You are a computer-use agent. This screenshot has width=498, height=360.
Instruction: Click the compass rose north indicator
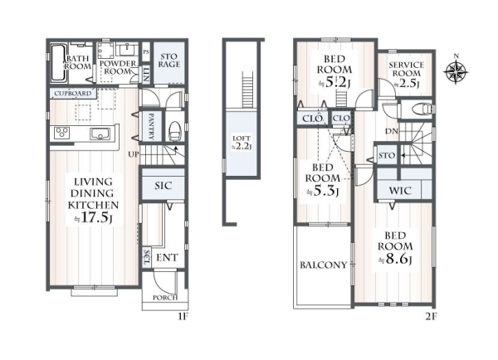coord(456,71)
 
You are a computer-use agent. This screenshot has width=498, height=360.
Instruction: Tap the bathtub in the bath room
coord(58,62)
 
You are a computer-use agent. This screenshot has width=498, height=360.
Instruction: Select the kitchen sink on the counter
coord(100,134)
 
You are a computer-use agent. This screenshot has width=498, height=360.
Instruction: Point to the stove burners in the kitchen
coord(61,133)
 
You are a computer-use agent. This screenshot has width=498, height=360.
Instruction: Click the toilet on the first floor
coord(174,131)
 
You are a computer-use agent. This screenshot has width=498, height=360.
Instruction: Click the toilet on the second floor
coord(422,109)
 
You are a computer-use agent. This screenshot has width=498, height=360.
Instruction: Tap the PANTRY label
coord(151,126)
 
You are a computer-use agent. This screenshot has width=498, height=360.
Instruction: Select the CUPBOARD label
coord(73,94)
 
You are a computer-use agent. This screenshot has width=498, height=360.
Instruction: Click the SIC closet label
coord(164,186)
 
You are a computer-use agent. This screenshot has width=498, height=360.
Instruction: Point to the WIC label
coord(400,191)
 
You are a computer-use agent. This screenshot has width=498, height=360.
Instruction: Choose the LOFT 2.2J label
coord(242,143)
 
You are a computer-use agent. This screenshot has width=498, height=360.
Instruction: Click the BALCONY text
coord(324,265)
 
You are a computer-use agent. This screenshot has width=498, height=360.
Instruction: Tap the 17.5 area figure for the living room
coord(95,218)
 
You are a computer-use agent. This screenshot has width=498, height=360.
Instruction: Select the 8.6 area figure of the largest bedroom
coord(397,259)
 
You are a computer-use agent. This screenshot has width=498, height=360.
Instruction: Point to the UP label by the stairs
coord(134,154)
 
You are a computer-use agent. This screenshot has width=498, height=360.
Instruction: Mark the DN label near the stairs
coord(392,131)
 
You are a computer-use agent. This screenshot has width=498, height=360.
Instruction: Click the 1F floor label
coord(182,317)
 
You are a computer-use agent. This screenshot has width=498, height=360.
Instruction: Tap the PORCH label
coord(165,298)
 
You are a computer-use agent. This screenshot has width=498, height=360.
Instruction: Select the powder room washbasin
coord(128,50)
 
